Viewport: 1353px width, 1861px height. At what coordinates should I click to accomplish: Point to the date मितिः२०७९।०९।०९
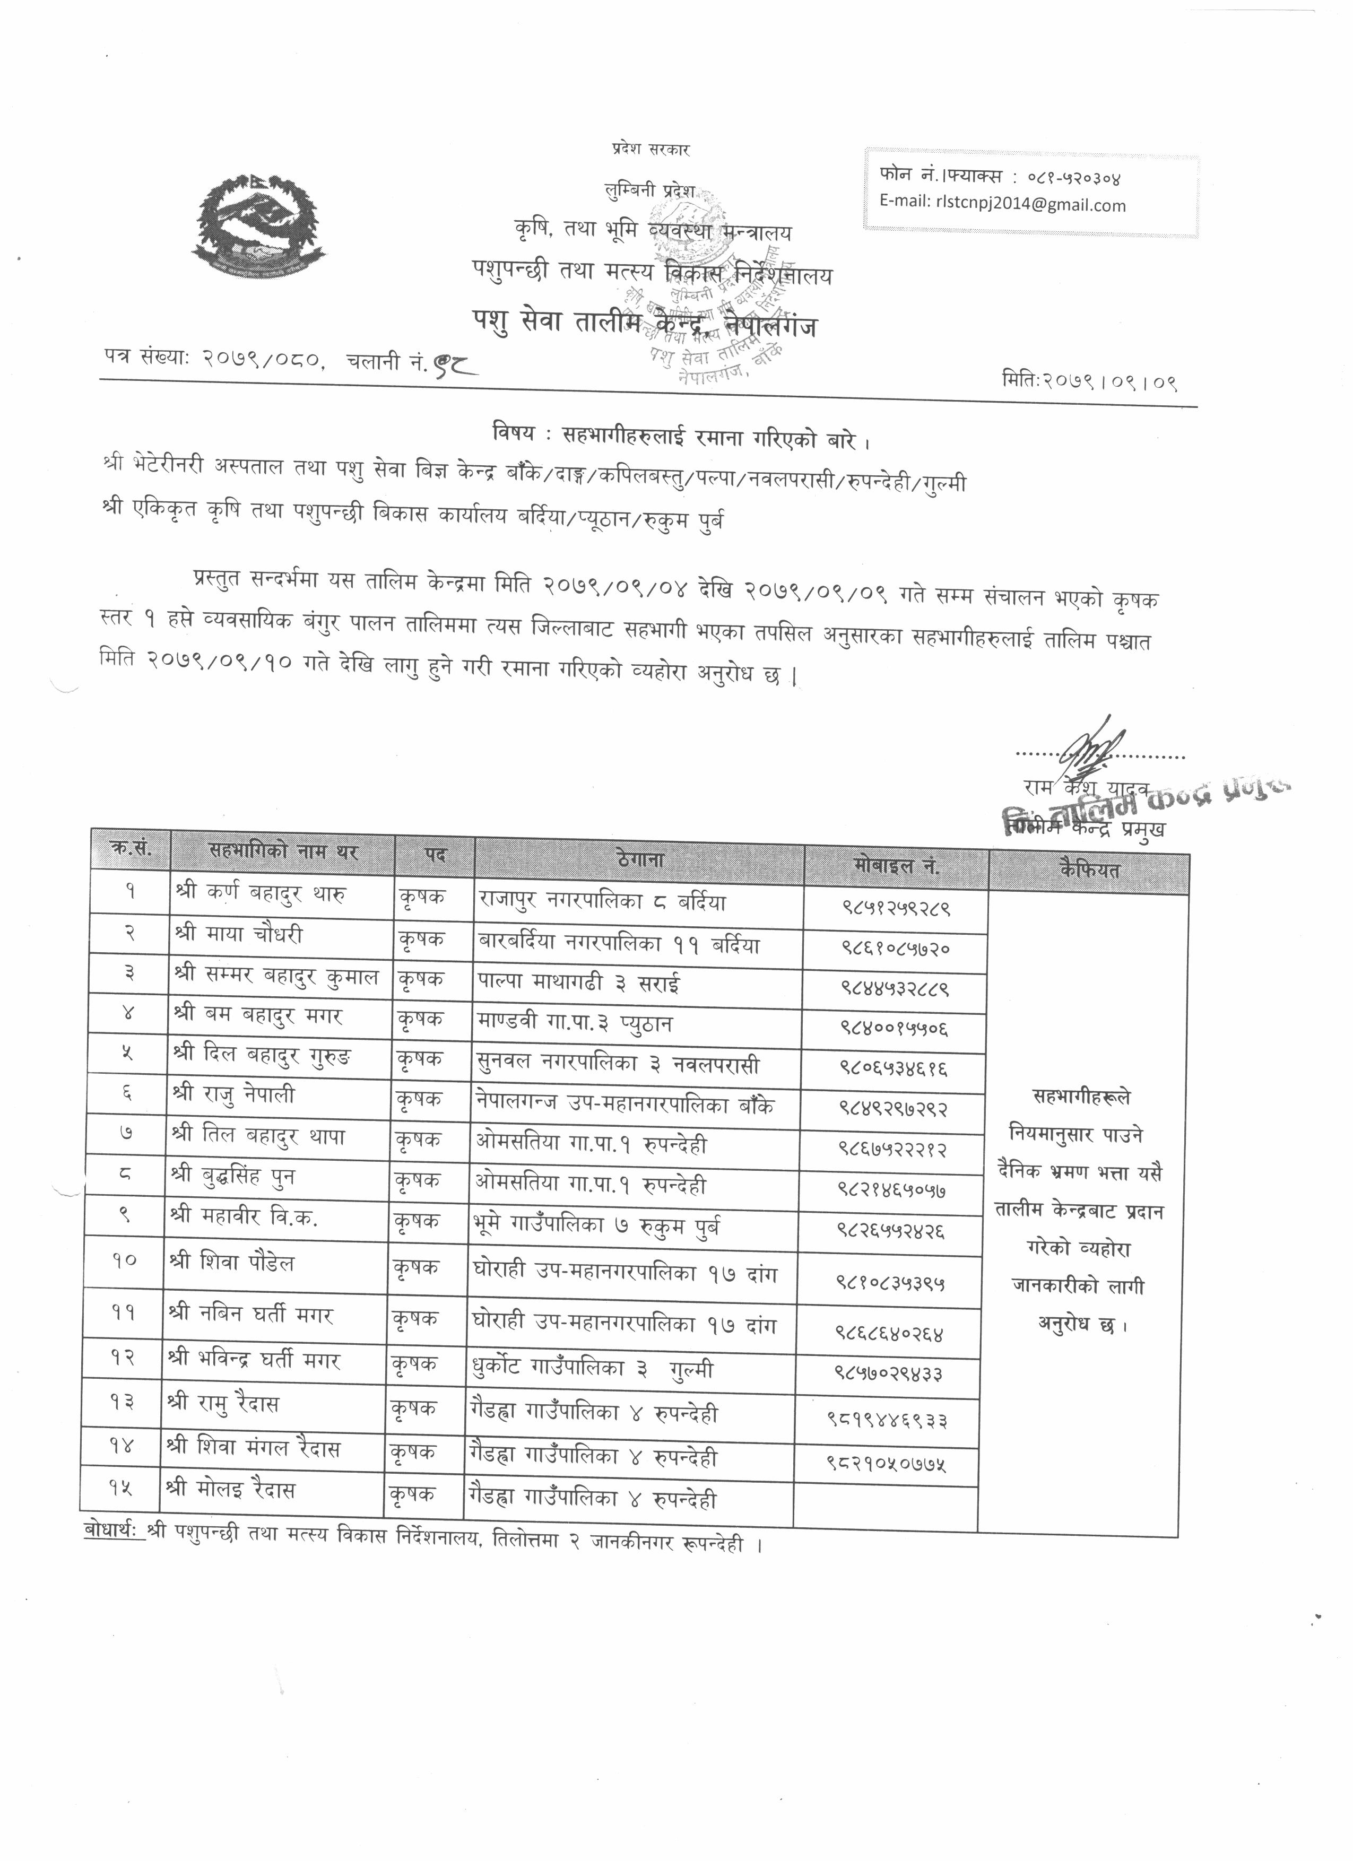click(x=1090, y=381)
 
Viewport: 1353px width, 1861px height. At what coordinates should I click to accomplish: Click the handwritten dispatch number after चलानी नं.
click(x=455, y=361)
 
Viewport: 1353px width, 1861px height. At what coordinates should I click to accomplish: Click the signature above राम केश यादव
click(x=1091, y=749)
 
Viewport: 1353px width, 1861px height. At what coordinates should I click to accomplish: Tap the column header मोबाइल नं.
click(x=896, y=867)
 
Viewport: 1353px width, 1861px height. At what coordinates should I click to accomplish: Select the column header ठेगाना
click(x=639, y=861)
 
